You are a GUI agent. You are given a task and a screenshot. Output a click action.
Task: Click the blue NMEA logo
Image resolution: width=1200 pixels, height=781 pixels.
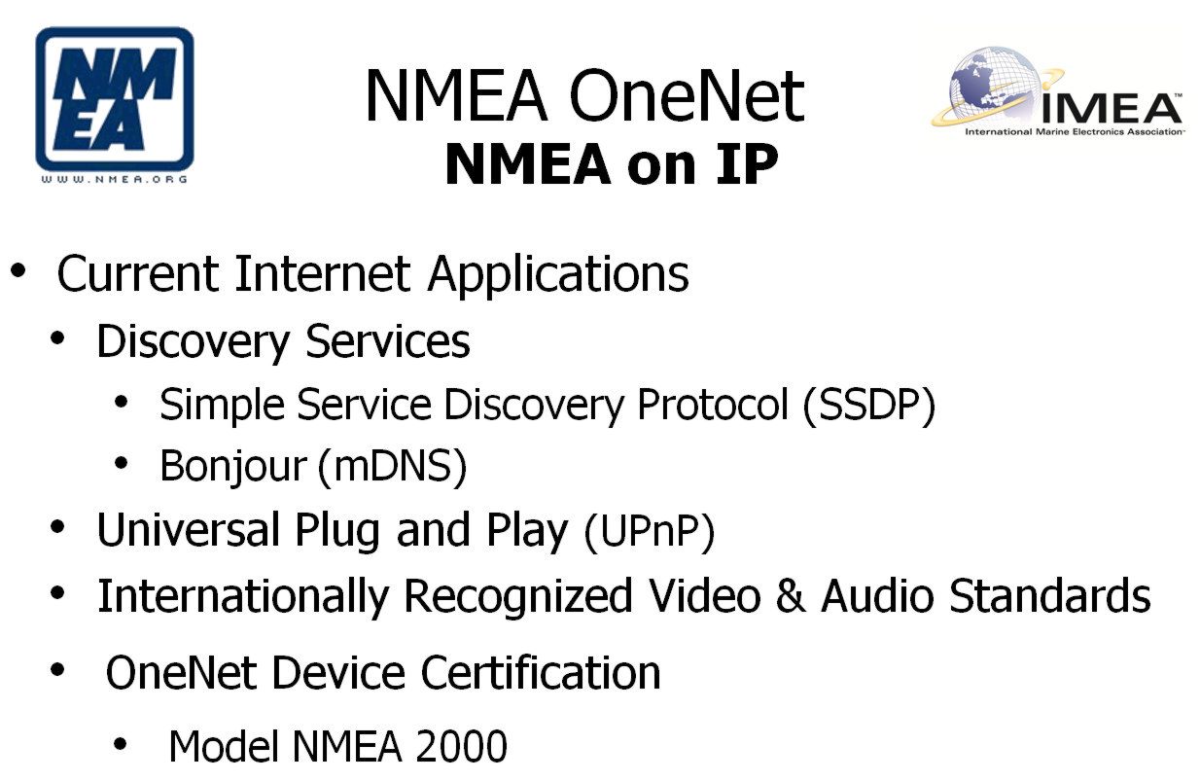coord(115,99)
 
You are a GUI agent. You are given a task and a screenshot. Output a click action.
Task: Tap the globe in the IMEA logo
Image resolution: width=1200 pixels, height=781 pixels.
coord(996,85)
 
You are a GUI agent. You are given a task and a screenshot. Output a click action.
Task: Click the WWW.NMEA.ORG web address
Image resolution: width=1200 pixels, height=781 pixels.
coord(115,180)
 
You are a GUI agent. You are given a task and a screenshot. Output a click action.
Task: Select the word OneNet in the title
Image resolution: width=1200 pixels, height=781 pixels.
coord(687,97)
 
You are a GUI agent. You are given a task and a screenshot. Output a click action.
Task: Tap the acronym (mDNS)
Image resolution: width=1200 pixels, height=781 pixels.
coord(393,467)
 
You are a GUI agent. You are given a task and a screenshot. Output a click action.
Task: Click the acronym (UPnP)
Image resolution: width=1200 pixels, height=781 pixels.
coord(650,532)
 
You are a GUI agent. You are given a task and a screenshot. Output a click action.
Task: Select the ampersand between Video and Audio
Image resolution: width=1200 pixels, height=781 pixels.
coord(791,595)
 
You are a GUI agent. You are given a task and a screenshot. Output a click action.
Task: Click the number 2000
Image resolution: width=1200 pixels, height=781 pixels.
coord(461,746)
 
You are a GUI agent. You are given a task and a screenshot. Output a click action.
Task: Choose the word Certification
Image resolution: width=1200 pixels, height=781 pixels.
coord(541,673)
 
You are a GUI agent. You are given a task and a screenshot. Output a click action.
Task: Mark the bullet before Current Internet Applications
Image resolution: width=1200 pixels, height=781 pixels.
coord(18,270)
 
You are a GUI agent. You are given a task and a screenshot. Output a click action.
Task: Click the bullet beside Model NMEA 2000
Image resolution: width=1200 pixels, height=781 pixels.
coord(120,744)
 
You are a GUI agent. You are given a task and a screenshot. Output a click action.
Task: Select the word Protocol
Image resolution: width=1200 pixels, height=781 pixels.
coord(713,404)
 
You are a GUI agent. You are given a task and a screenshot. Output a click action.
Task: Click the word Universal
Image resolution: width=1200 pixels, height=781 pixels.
coord(189,530)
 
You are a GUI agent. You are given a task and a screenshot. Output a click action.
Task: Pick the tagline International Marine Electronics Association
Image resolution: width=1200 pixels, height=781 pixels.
coord(1075,131)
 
